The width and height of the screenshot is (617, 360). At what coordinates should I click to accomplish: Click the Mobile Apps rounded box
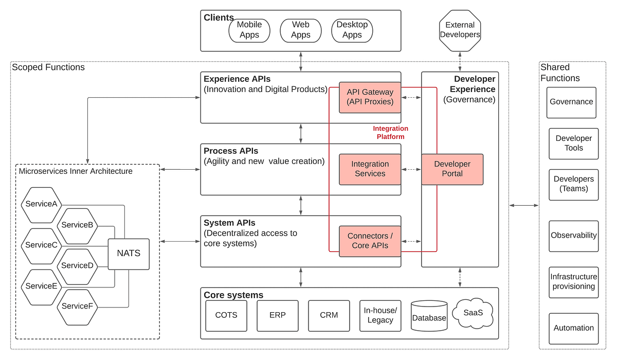[x=249, y=30]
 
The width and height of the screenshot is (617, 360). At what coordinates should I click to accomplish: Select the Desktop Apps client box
[x=352, y=30]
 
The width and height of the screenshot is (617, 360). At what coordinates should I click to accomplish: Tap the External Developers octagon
[x=460, y=30]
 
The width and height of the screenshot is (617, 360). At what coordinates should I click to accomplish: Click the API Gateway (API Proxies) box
[x=370, y=97]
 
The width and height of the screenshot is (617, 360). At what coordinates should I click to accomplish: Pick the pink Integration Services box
[x=370, y=169]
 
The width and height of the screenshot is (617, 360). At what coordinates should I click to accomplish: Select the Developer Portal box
[x=452, y=169]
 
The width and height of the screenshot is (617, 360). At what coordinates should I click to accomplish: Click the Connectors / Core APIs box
[x=370, y=241]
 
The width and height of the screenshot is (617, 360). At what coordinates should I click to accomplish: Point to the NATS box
[x=129, y=254]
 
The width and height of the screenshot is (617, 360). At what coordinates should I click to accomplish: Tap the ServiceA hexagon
[x=41, y=204]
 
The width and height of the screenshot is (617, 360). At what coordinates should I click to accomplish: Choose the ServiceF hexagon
[x=77, y=307]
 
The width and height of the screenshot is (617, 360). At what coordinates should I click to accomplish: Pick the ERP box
[x=278, y=315]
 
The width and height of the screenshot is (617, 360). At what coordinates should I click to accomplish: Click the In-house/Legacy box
[x=380, y=315]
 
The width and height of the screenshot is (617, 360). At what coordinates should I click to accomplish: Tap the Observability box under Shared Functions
[x=574, y=236]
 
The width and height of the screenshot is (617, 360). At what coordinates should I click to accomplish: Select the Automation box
[x=574, y=328]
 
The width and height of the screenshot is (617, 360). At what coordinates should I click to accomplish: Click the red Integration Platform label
[x=391, y=133]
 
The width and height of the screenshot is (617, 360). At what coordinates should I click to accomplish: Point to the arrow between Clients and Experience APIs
[x=301, y=62]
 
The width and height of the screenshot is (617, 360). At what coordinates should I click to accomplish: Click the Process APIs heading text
[x=231, y=151]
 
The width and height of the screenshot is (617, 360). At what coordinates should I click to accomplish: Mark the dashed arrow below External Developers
[x=460, y=62]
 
